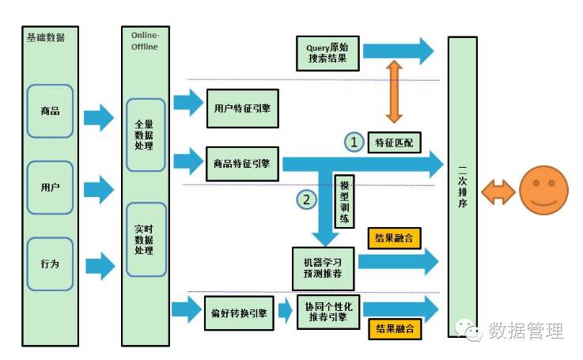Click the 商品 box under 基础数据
click(x=50, y=112)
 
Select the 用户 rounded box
click(x=50, y=188)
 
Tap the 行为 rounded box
click(x=50, y=263)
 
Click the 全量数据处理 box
click(x=145, y=135)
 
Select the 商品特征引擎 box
click(x=242, y=164)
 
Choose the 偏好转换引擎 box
click(x=238, y=312)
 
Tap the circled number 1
click(x=354, y=142)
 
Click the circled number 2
click(x=306, y=200)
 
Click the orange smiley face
click(x=543, y=190)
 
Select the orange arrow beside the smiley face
click(x=498, y=190)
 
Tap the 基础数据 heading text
click(x=46, y=37)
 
